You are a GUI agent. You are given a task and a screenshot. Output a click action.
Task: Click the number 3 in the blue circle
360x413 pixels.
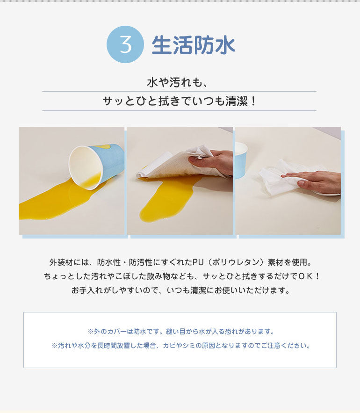coord(125,44)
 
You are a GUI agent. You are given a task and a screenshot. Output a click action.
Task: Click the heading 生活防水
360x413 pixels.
coord(193,45)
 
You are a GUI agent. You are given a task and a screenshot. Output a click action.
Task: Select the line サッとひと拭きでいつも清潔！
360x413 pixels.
coord(180,101)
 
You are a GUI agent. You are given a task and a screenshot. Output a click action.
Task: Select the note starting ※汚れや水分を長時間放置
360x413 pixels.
coord(180,346)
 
